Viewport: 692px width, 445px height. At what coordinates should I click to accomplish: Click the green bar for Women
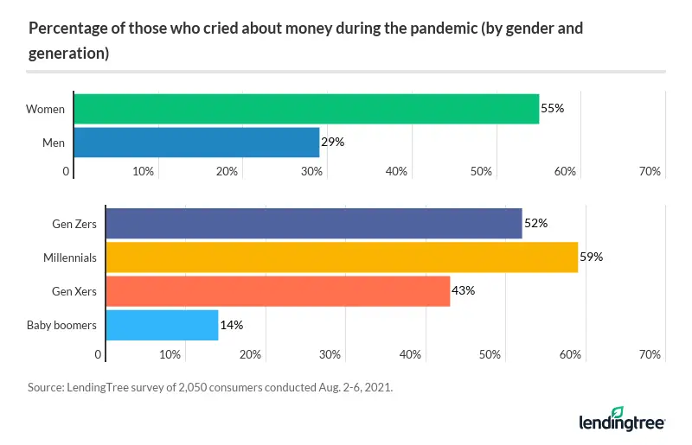click(306, 109)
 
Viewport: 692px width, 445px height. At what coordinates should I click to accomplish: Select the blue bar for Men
click(196, 142)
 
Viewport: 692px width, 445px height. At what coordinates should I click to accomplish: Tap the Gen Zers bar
click(312, 224)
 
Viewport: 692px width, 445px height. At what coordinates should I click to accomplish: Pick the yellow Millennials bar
click(340, 257)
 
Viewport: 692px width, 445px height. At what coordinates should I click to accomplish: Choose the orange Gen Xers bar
click(277, 290)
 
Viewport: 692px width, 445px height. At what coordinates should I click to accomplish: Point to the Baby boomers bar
click(161, 325)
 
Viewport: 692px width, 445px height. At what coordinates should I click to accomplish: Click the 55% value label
click(553, 109)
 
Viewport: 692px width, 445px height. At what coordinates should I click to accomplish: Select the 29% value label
click(333, 142)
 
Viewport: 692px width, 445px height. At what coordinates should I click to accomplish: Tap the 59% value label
click(591, 257)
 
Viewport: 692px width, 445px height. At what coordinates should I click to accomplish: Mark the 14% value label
click(232, 325)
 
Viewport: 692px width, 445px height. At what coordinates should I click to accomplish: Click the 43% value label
click(464, 290)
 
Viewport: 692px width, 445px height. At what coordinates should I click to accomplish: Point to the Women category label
click(45, 109)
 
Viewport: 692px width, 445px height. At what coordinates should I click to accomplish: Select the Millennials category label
click(70, 257)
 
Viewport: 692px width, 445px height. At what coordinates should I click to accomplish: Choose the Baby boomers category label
click(62, 325)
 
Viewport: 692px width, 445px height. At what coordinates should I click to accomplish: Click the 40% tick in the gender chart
click(396, 172)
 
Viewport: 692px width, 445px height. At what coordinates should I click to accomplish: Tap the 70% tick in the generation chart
click(650, 354)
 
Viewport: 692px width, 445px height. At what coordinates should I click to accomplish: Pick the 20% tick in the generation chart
click(250, 354)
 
